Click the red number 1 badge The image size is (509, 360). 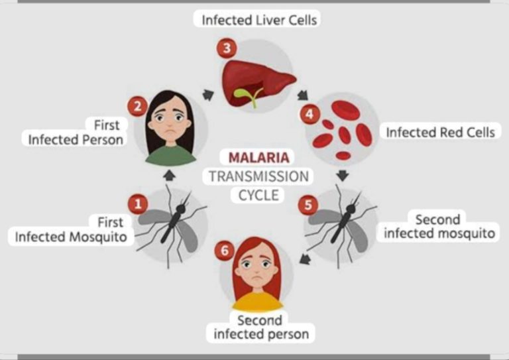[138, 204]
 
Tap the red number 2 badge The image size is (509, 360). [138, 107]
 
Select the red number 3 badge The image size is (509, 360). [227, 48]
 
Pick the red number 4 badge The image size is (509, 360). [310, 114]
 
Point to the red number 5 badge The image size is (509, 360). [308, 205]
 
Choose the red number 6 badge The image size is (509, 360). [225, 251]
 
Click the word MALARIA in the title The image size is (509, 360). [258, 158]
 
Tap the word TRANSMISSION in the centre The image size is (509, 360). [258, 176]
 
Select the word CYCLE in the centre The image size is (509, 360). [258, 196]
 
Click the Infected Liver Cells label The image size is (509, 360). [259, 20]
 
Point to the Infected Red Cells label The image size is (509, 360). [440, 133]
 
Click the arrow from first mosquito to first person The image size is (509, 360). [169, 176]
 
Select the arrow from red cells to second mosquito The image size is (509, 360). [343, 176]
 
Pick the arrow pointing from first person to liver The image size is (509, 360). [208, 94]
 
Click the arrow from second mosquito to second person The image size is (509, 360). [305, 259]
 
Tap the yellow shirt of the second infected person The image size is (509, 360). [257, 302]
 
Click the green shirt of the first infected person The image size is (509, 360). [171, 156]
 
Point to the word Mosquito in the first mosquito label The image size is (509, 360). [98, 237]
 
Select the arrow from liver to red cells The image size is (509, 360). [302, 95]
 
